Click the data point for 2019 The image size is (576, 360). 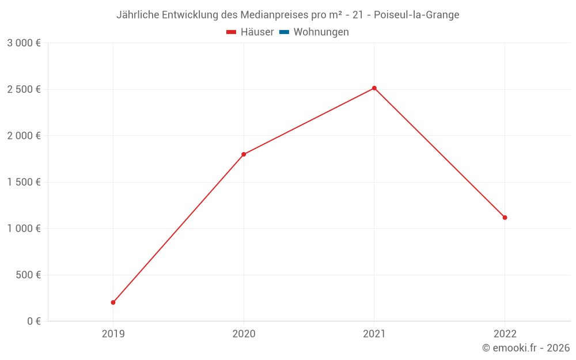pos(113,302)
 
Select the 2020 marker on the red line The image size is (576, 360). pos(244,154)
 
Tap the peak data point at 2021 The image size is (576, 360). pos(374,88)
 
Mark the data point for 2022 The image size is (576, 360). pos(505,218)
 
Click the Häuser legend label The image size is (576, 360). pos(257,32)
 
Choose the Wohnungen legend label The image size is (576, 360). pos(321,32)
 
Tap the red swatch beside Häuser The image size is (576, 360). pos(232,32)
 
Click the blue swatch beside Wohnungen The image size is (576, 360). pos(284,32)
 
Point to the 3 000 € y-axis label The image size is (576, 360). pos(24,43)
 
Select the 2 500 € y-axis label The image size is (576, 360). pos(24,89)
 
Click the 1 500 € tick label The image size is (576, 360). pos(24,182)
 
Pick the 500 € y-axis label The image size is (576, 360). pos(27,275)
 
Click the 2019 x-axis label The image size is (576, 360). pos(113,334)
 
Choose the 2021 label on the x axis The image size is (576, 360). pos(374,334)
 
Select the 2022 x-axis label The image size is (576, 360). pos(505,334)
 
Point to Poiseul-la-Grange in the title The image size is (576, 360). pos(416,15)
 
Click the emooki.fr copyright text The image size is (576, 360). pos(526,348)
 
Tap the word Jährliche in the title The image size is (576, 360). pos(138,15)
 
